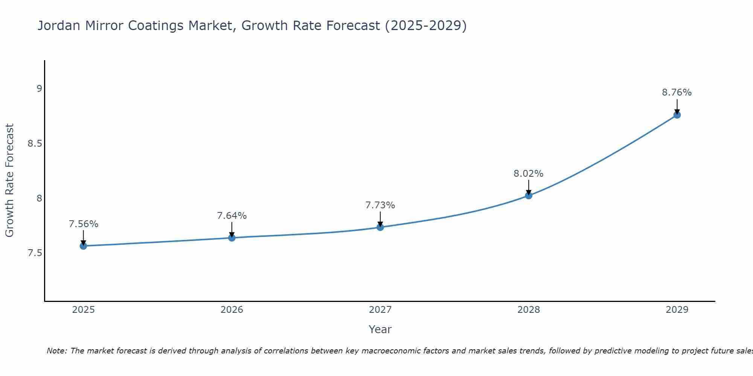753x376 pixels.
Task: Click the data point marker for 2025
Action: pos(83,246)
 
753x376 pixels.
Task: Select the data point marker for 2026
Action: pos(232,238)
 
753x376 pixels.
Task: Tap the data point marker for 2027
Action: pos(380,227)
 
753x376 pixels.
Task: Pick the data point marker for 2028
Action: pos(528,196)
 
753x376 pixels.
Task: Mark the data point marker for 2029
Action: pos(677,115)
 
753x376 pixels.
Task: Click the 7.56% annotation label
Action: pos(83,224)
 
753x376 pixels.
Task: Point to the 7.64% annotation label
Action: pos(232,216)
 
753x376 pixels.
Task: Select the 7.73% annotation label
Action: pos(380,205)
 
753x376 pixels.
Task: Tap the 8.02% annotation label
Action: pos(528,174)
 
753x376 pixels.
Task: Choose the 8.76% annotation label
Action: pos(677,92)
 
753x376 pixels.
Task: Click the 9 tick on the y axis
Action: pos(39,89)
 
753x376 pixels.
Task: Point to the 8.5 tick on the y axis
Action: pos(35,144)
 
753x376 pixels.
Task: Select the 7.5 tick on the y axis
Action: pos(35,253)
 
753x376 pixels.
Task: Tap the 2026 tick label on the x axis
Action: pos(232,310)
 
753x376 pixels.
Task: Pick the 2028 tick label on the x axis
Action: pos(528,310)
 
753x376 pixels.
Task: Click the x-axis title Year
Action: pos(380,329)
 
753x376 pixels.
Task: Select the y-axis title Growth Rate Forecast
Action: pos(9,180)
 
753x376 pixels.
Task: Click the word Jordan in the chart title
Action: pos(59,26)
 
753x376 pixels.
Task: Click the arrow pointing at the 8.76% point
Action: pos(677,106)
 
